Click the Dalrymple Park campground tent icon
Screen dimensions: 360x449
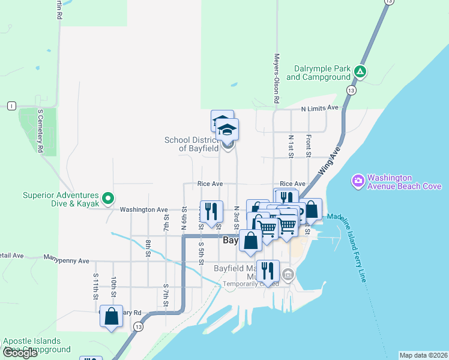pyautogui.click(x=360, y=71)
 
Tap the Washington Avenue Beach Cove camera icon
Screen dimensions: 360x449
pyautogui.click(x=358, y=180)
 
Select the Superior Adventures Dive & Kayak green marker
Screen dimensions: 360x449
pyautogui.click(x=107, y=197)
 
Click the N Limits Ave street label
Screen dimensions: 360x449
pyautogui.click(x=320, y=108)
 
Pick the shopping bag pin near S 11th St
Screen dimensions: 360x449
pyautogui.click(x=111, y=316)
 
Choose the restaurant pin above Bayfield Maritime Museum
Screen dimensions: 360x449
pyautogui.click(x=268, y=271)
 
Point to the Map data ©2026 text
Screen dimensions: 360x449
pyautogui.click(x=424, y=355)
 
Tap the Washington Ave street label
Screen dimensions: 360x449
pyautogui.click(x=143, y=209)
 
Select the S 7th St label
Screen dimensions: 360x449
pyautogui.click(x=165, y=294)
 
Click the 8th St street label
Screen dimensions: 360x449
pyautogui.click(x=148, y=248)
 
